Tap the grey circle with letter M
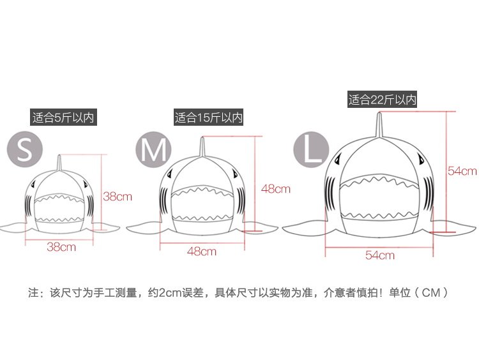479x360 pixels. (x=153, y=151)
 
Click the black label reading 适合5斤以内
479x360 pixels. (x=63, y=117)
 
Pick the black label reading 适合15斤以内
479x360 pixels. (x=209, y=117)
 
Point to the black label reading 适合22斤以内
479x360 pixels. (x=383, y=100)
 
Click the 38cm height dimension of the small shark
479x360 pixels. (x=118, y=196)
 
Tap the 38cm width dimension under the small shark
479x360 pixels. (x=61, y=246)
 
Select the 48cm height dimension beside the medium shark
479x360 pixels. (x=275, y=188)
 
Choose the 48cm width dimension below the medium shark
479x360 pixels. (x=201, y=251)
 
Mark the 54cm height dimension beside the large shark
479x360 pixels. (x=462, y=170)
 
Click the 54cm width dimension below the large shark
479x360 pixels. (x=379, y=255)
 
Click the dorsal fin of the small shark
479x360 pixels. (x=59, y=163)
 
